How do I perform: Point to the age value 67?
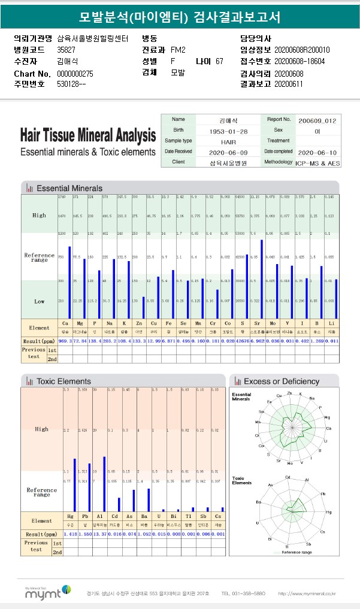pyautogui.click(x=219, y=61)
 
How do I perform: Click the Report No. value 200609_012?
pyautogui.click(x=317, y=120)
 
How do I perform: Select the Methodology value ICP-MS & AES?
pyautogui.click(x=317, y=162)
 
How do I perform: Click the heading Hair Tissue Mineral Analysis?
pyautogui.click(x=88, y=135)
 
